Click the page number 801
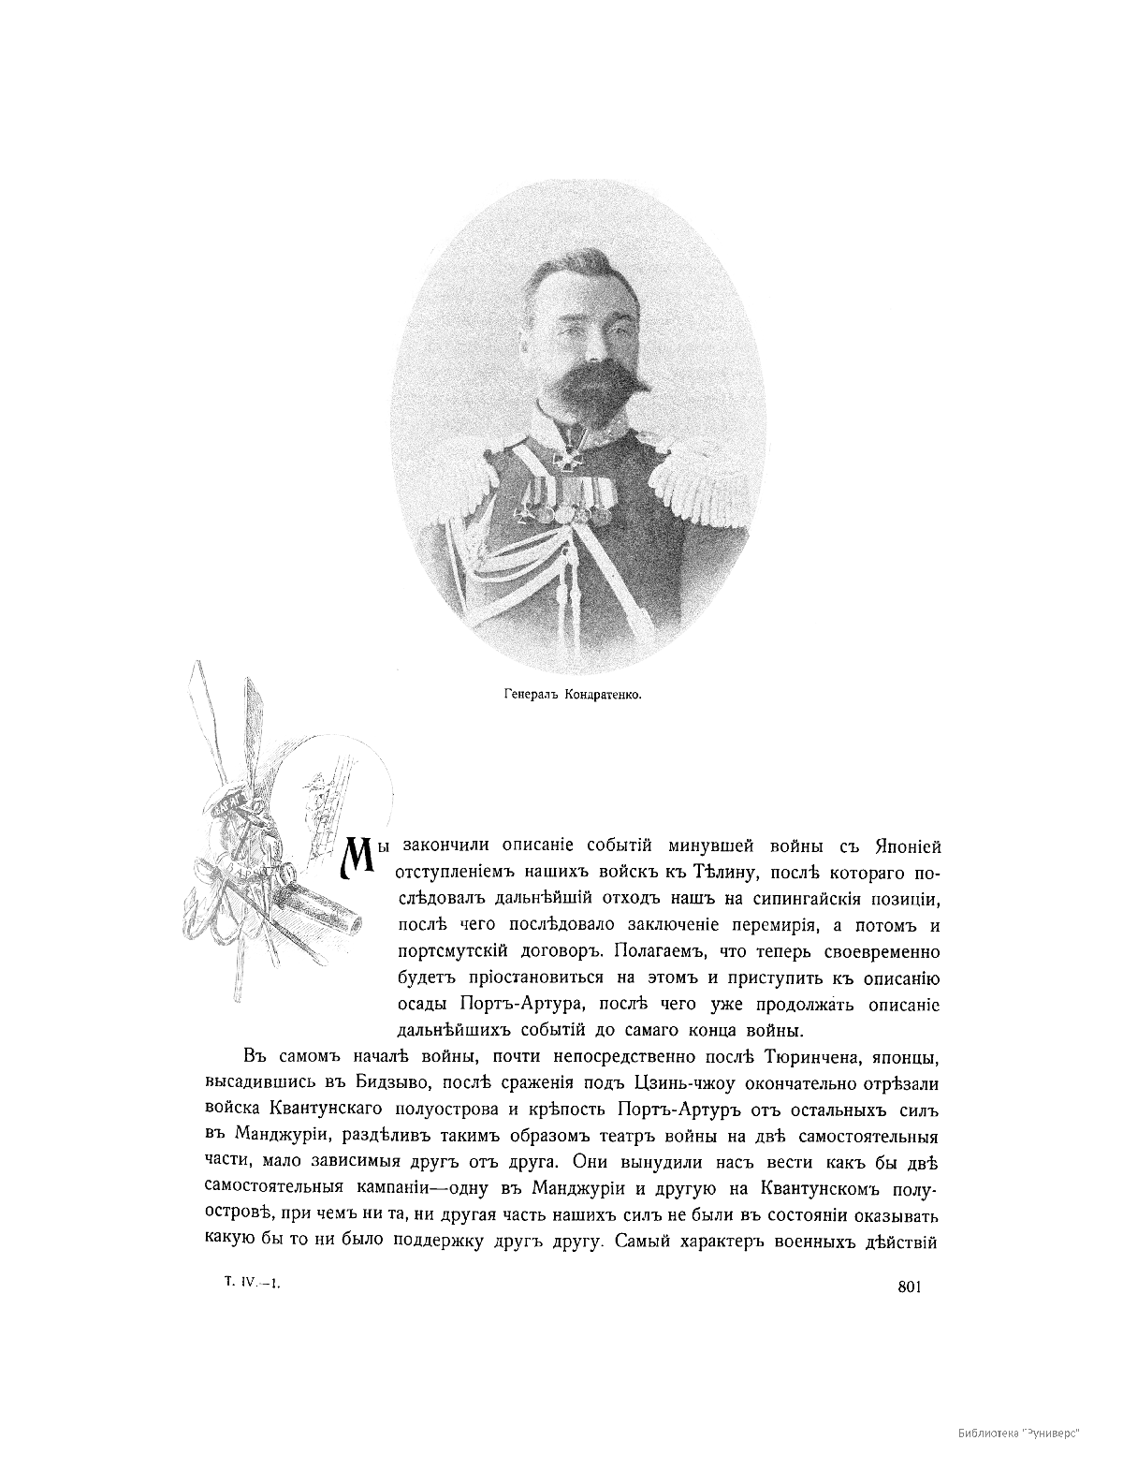pyautogui.click(x=910, y=1286)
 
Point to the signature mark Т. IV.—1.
pyautogui.click(x=252, y=1285)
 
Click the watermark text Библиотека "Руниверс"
pyautogui.click(x=1019, y=1433)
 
